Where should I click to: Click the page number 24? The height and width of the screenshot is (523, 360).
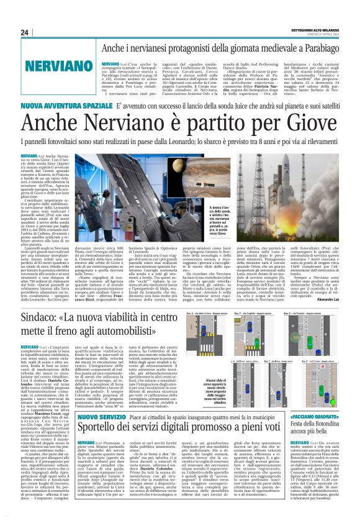click(24, 32)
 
